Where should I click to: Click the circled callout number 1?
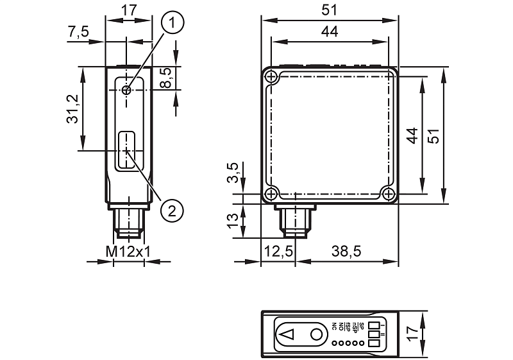pos(172,23)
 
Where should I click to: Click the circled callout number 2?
pos(172,209)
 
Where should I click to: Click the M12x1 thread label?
pos(128,252)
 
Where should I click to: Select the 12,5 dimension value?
pos(278,252)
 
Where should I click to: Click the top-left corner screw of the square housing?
pos(272,77)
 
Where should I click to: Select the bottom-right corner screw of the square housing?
pos(387,194)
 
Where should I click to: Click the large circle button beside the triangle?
pos(316,334)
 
